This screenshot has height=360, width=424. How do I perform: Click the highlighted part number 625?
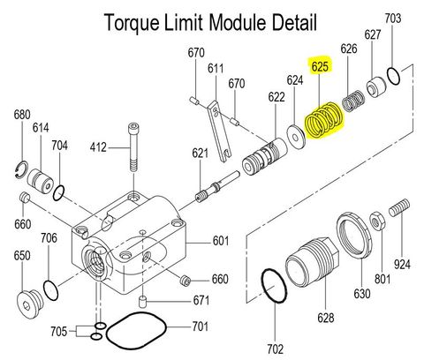tap(320, 65)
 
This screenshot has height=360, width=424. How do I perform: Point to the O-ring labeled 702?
tap(275, 289)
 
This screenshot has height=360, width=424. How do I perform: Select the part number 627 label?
tap(373, 34)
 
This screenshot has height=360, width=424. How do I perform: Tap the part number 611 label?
tap(215, 68)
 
